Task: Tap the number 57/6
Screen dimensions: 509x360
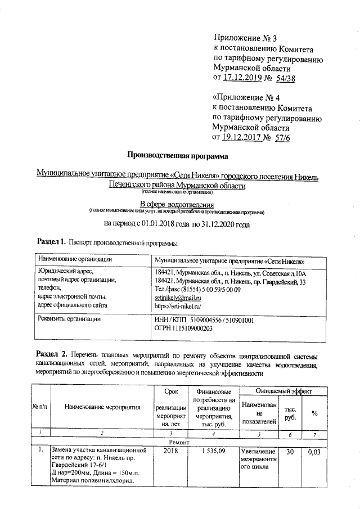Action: coord(281,137)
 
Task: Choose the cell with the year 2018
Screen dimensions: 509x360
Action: coord(169,451)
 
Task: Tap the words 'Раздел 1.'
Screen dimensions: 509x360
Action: coord(52,244)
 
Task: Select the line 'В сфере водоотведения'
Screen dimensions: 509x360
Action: coord(177,204)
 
